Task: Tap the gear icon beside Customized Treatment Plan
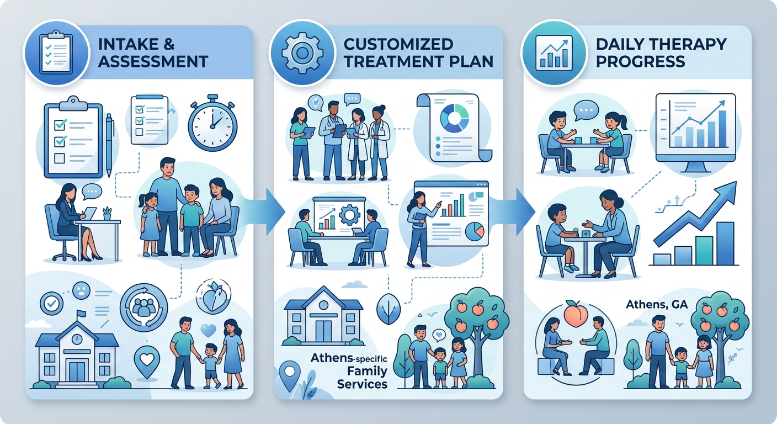[x=302, y=53]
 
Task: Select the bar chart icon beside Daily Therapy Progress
[x=554, y=53]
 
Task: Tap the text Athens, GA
[x=657, y=305]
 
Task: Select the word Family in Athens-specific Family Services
[x=367, y=371]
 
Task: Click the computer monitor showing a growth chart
[x=695, y=133]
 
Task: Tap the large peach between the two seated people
[x=576, y=314]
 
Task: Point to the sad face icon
[x=82, y=290]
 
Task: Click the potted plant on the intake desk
[x=107, y=214]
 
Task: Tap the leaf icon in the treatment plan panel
[x=388, y=309]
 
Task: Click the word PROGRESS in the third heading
[x=640, y=61]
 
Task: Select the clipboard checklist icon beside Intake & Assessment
[x=56, y=52]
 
